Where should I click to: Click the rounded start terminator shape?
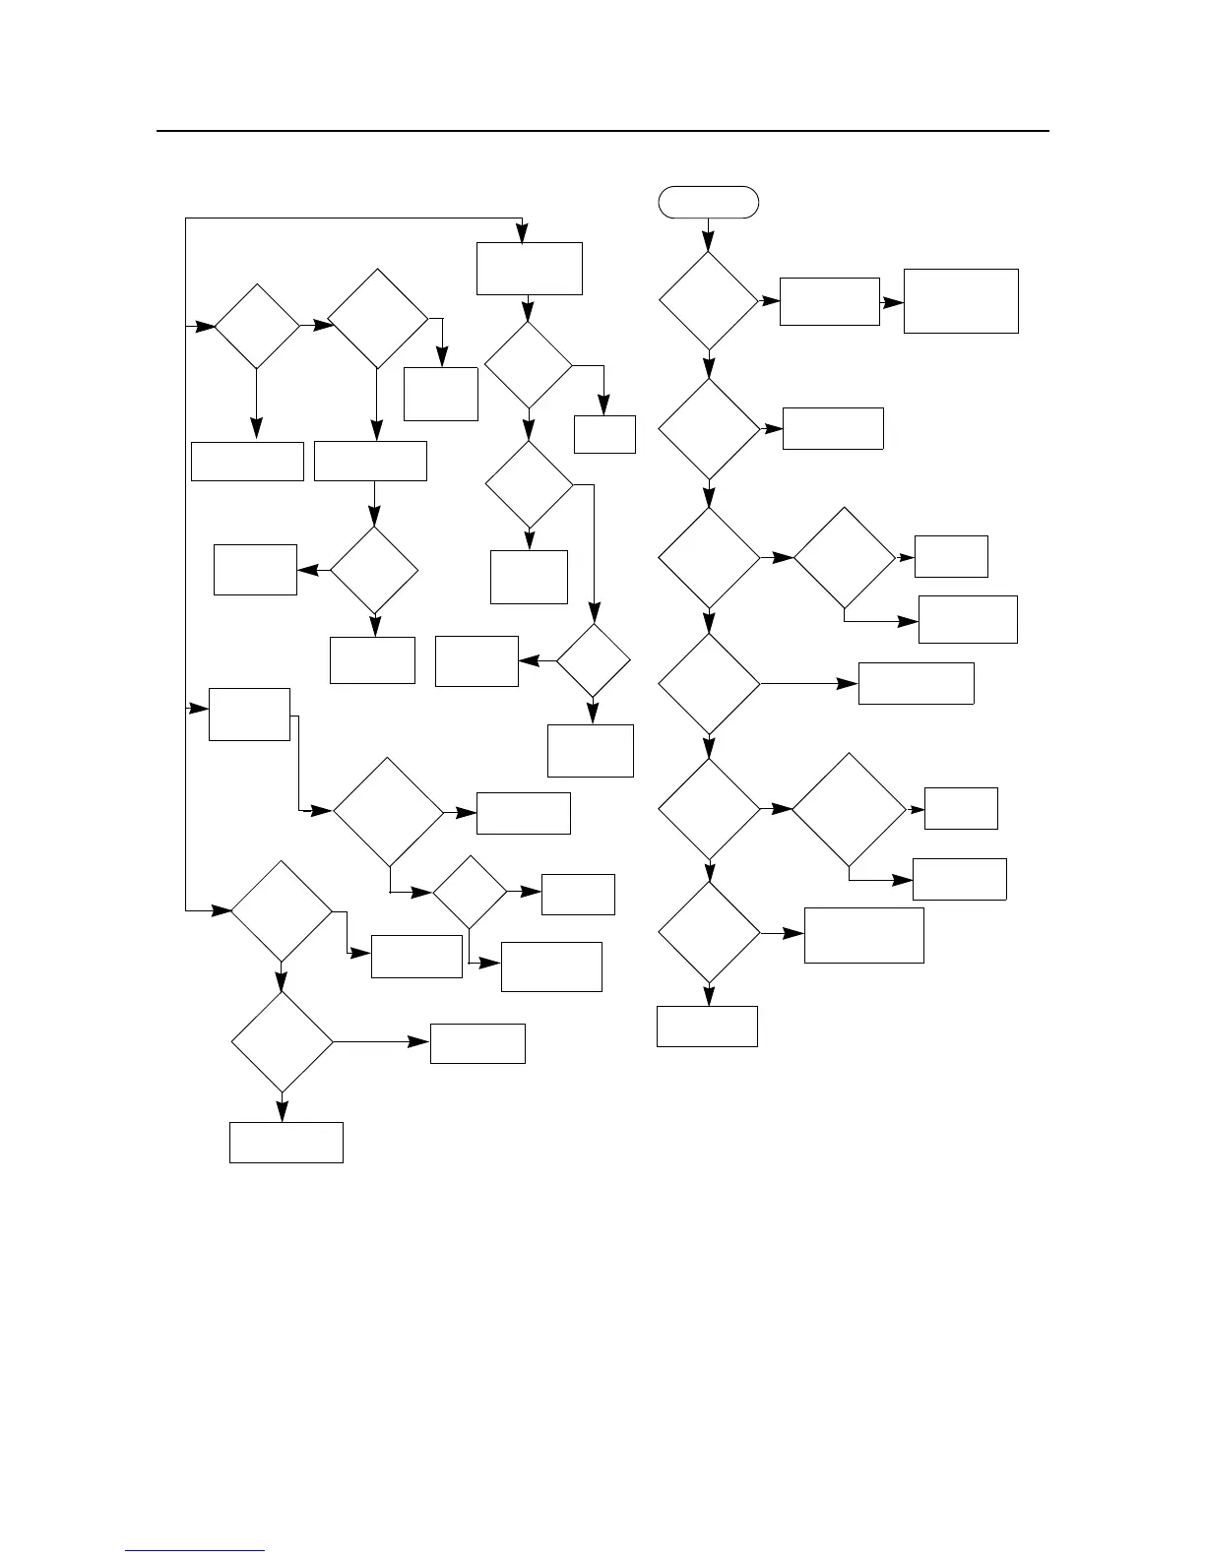click(x=709, y=202)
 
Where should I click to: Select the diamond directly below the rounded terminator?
click(x=709, y=301)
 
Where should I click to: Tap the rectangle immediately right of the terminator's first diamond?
click(x=829, y=301)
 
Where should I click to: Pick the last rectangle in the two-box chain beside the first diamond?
click(x=961, y=301)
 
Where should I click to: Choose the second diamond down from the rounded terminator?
click(x=709, y=429)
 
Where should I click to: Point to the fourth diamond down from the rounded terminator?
click(x=709, y=684)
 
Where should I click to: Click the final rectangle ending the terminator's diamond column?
click(x=707, y=1027)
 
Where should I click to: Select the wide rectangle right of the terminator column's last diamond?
click(x=863, y=935)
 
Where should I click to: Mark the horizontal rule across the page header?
click(x=602, y=131)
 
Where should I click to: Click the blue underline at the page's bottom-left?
click(x=195, y=1551)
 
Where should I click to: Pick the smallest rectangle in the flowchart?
click(x=604, y=434)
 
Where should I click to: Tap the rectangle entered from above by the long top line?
click(x=530, y=269)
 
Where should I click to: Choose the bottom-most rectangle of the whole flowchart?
click(x=286, y=1143)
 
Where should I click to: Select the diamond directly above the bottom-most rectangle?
click(x=282, y=1041)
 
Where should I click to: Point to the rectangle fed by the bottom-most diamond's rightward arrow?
click(x=477, y=1043)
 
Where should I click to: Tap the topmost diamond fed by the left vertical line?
click(x=257, y=327)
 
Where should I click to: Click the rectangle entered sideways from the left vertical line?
click(x=249, y=714)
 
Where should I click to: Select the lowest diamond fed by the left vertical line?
click(x=282, y=911)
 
